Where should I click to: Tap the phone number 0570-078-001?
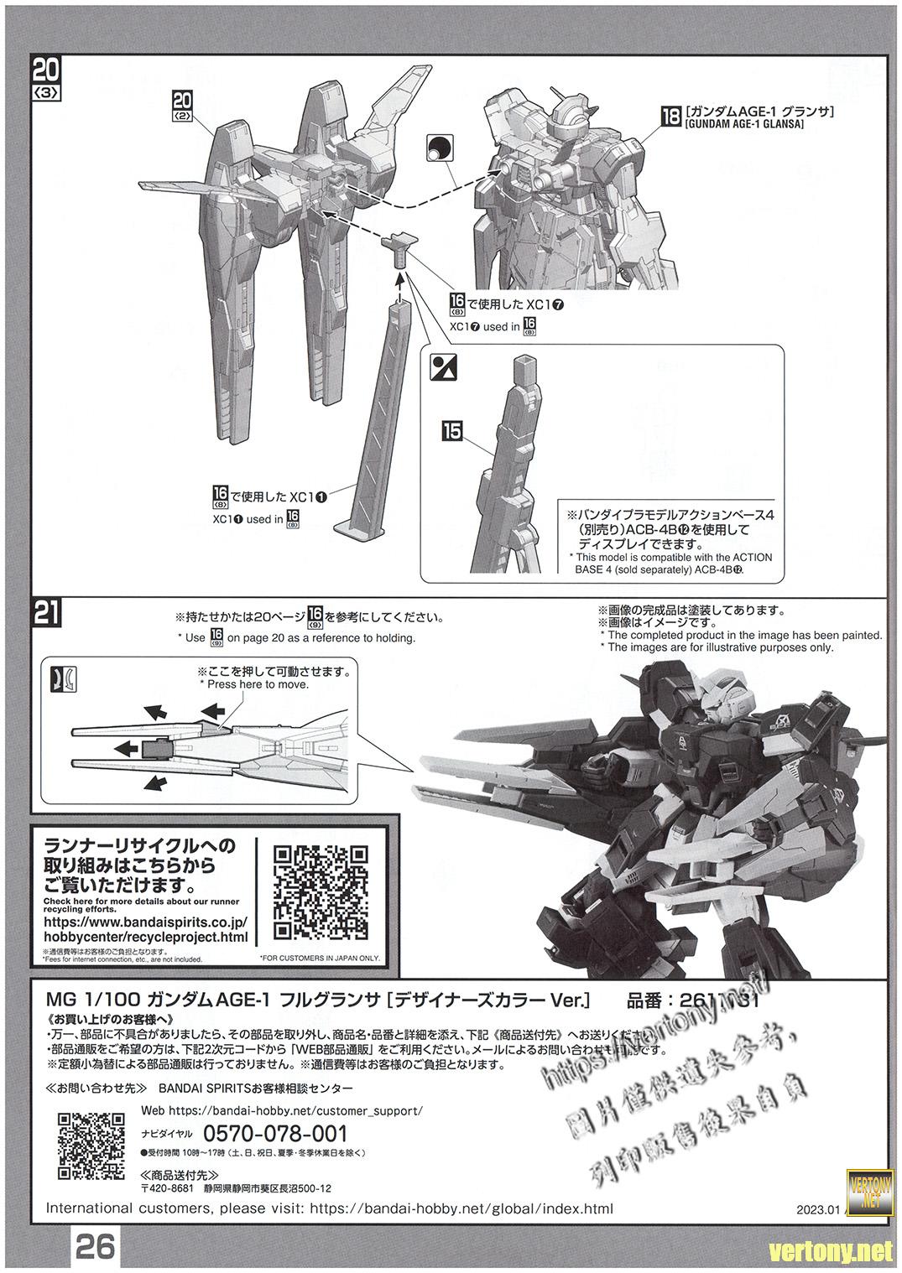tap(275, 1133)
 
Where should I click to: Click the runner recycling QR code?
tap(321, 893)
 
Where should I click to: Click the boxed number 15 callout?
tap(451, 431)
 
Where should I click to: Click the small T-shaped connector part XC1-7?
tap(399, 246)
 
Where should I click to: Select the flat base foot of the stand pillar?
tap(357, 528)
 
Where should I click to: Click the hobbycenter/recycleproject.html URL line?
tap(144, 936)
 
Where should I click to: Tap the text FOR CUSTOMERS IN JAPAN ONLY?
tap(320, 958)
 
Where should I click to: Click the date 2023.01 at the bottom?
tap(818, 1210)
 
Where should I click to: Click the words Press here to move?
tap(254, 684)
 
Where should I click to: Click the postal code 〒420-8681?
tap(166, 1188)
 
